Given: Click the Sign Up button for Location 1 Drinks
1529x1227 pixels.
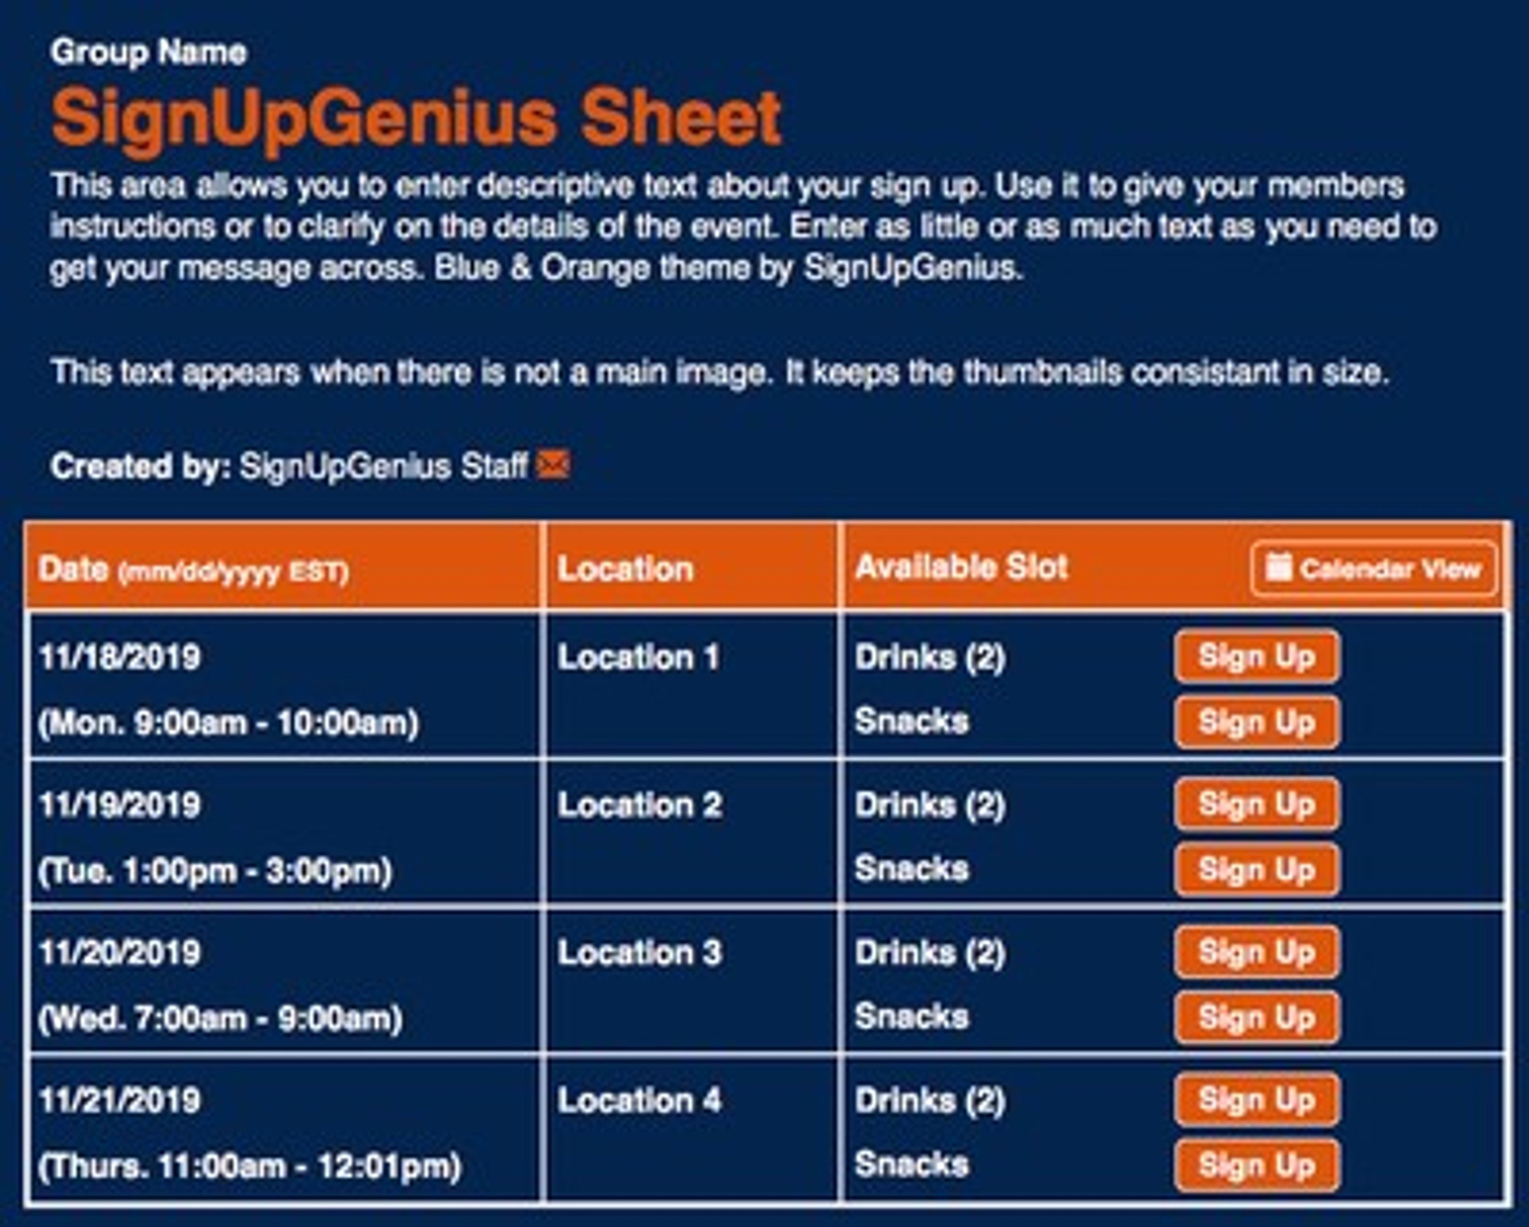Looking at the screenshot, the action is coord(1257,657).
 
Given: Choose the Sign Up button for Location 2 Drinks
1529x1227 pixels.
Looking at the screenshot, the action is coord(1257,804).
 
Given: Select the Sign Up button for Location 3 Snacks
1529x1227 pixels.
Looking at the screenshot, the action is coord(1257,1018).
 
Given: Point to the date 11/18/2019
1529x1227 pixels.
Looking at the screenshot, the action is coord(120,657).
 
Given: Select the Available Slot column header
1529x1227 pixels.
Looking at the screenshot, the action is coord(962,567).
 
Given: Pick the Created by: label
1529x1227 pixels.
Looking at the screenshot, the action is coord(141,466).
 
